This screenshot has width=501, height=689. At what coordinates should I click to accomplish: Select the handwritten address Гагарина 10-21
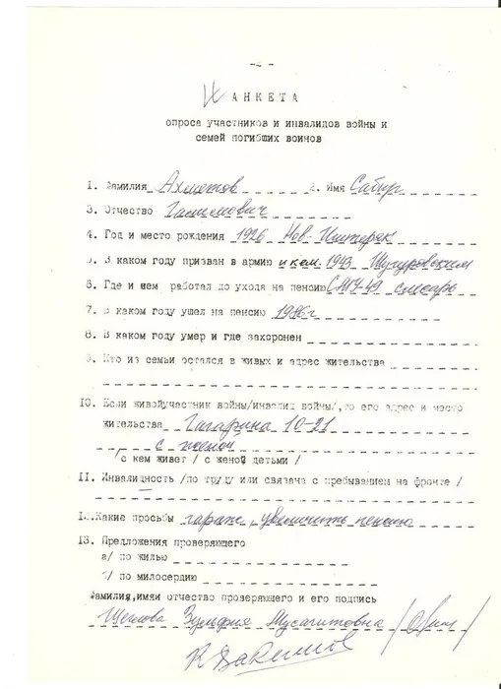(244, 428)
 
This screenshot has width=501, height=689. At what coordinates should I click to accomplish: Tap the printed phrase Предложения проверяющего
(181, 542)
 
